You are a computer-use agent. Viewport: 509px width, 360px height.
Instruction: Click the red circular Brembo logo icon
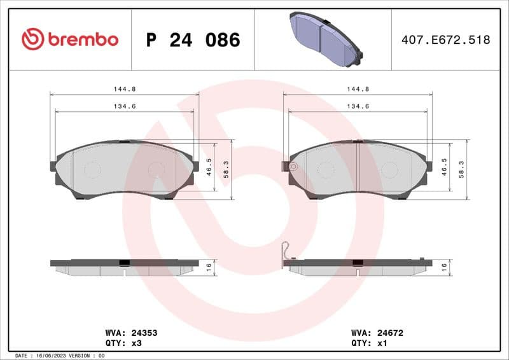click(32, 39)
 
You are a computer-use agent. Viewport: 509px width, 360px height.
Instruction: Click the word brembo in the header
click(83, 39)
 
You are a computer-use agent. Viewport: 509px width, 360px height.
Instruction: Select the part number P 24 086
click(193, 40)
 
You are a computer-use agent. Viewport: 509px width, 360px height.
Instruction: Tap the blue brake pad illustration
click(324, 39)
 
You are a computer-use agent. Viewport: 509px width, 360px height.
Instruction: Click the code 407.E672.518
click(445, 40)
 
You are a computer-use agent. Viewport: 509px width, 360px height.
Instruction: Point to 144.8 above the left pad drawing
click(124, 89)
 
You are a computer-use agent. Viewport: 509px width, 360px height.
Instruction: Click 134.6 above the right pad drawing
click(358, 106)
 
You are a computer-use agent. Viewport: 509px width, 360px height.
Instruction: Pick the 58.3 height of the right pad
click(461, 170)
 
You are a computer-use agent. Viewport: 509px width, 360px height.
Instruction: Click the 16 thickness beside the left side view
click(209, 268)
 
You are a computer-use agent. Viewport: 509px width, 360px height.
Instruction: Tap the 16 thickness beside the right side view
click(444, 268)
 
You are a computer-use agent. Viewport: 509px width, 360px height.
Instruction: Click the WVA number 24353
click(144, 333)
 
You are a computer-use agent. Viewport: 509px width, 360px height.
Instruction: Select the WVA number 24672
click(391, 333)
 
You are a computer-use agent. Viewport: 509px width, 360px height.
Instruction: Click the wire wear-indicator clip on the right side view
click(286, 253)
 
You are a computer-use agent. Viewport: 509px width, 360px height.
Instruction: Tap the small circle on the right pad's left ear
click(293, 167)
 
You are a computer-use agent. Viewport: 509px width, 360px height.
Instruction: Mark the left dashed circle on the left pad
click(93, 169)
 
